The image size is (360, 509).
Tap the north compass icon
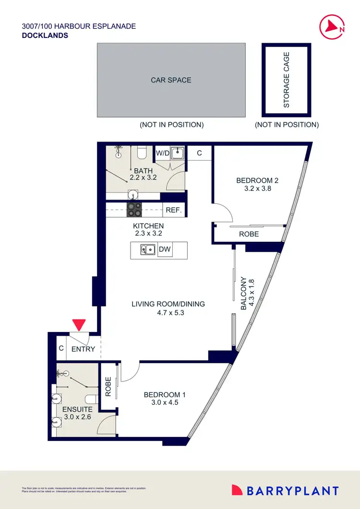point(331,26)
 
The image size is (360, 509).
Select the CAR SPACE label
point(171,80)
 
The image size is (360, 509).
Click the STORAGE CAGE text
point(287,80)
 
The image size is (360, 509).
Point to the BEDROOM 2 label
point(257,180)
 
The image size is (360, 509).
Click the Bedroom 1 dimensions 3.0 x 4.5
point(165,403)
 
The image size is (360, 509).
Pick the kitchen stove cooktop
point(133,210)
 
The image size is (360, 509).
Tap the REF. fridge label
point(173,210)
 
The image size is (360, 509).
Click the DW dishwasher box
point(165,249)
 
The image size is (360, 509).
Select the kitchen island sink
point(147,249)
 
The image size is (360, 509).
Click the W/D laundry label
point(162,154)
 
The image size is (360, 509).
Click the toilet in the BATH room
point(142,153)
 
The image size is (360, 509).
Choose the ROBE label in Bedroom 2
point(249,234)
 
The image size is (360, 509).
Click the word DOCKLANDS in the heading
point(45,36)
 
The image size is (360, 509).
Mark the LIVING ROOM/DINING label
point(168,304)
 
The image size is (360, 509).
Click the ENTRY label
point(83,349)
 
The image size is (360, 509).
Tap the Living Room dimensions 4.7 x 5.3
point(168,313)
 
